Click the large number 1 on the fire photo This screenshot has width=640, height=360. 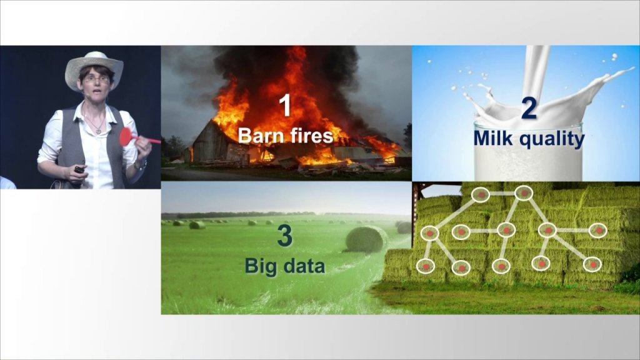click(285, 105)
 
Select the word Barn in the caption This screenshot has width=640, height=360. click(258, 135)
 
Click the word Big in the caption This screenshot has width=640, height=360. click(258, 267)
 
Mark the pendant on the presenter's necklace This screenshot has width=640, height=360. click(98, 131)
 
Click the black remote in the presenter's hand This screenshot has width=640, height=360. click(79, 169)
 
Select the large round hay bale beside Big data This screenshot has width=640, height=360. click(366, 239)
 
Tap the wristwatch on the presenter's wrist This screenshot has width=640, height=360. click(140, 165)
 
